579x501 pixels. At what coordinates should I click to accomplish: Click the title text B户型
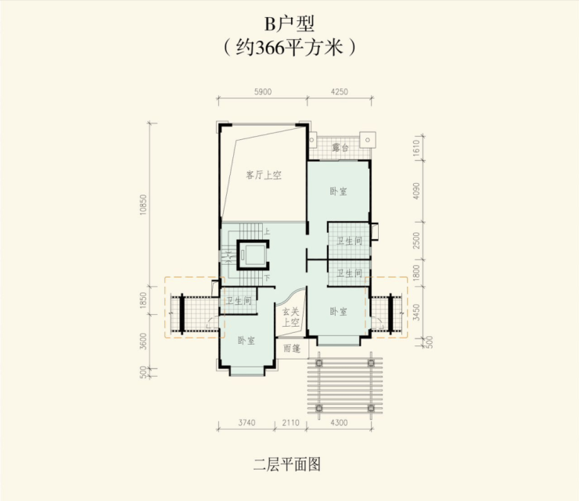tap(289, 24)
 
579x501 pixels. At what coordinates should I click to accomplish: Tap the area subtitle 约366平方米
tap(289, 48)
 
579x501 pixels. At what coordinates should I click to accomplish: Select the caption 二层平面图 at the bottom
tap(287, 464)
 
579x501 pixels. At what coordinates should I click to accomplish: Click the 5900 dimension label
tap(263, 91)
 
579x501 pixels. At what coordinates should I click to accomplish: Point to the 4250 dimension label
tap(340, 91)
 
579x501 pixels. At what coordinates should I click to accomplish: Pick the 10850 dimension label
tap(143, 205)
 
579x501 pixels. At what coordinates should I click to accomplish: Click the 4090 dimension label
tap(416, 191)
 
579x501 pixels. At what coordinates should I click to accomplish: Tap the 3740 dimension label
tap(246, 422)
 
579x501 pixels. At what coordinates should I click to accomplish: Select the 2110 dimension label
tap(290, 422)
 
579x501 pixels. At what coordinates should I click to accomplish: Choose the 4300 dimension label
tap(339, 422)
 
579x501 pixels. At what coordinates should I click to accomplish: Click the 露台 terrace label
tap(340, 148)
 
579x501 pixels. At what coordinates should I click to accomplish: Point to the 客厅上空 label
tap(264, 175)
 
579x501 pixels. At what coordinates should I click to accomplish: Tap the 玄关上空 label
tap(291, 317)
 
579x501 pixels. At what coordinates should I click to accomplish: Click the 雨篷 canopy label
tap(292, 349)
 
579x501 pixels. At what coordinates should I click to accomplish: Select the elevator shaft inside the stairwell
tap(251, 255)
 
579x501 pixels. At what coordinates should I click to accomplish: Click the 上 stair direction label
tap(267, 231)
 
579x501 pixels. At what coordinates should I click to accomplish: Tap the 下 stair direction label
tap(267, 277)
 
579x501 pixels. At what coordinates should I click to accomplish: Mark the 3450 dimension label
tap(416, 312)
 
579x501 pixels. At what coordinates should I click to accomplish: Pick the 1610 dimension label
tap(416, 148)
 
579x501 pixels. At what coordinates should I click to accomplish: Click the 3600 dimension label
tap(143, 341)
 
